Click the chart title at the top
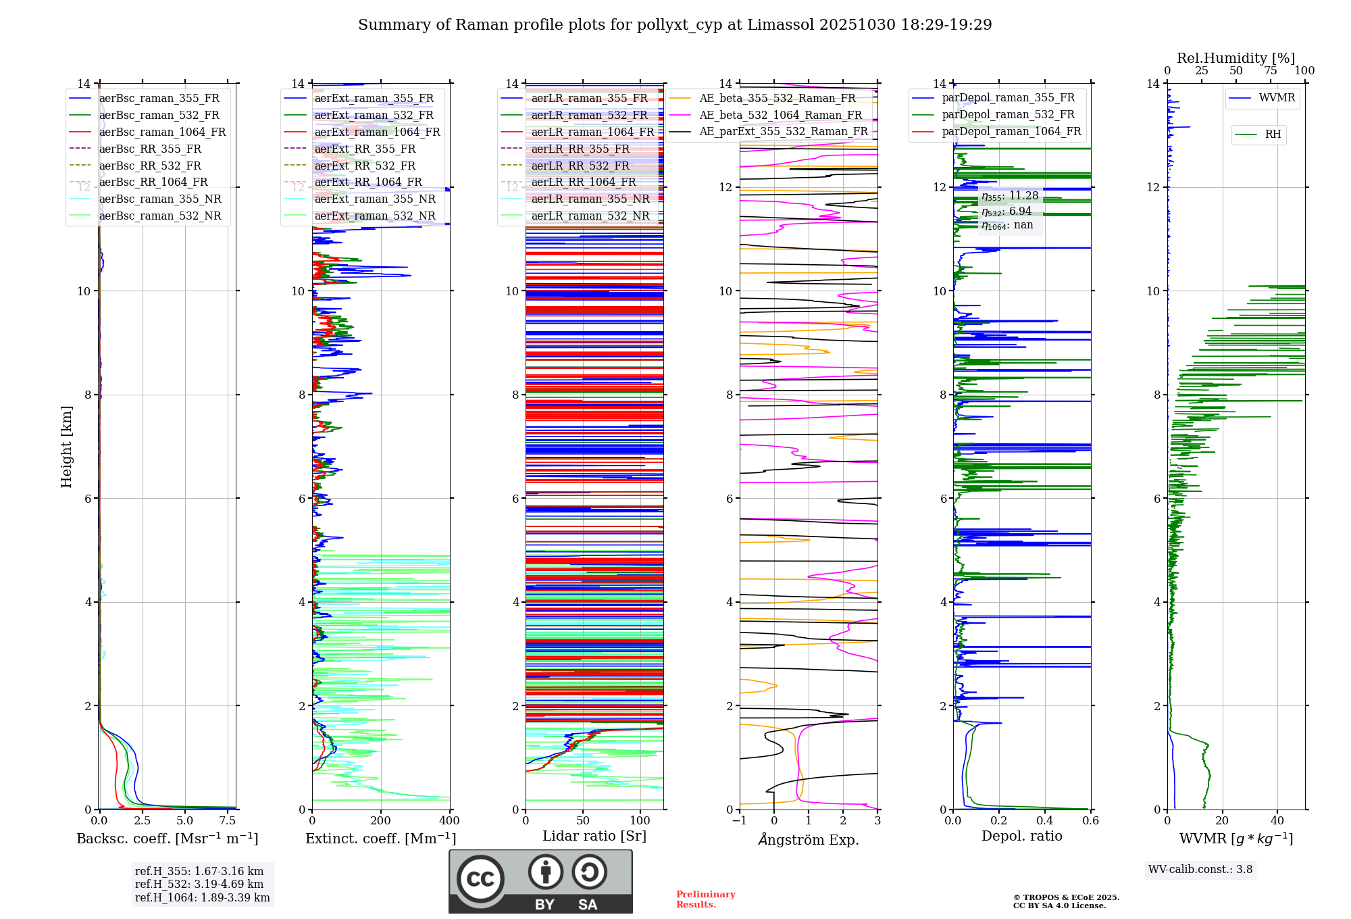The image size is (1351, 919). pos(675,25)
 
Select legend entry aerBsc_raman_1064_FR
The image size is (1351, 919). pos(162,132)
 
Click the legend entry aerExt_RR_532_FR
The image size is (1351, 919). pos(365,166)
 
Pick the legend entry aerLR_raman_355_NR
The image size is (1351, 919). pos(590,199)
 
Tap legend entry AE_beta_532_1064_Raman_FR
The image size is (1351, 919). pos(780,115)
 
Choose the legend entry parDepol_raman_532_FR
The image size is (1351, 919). pos(1008,114)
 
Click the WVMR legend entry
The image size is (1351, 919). pos(1277,98)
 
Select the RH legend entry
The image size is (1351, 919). pos(1273,134)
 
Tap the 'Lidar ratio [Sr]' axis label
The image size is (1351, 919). pos(594,836)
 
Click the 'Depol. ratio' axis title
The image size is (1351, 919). pos(1021,836)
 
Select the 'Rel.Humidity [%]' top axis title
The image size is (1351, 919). pos(1235,58)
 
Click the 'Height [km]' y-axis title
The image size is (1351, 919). pos(66,446)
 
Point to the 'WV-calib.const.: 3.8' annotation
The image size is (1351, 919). pos(1200,870)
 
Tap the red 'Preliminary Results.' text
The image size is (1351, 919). pos(705,899)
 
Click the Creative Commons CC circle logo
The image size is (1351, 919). pos(480,878)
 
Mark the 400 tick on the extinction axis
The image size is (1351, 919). pos(449,821)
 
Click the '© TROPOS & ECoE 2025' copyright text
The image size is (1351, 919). pos(1066,897)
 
